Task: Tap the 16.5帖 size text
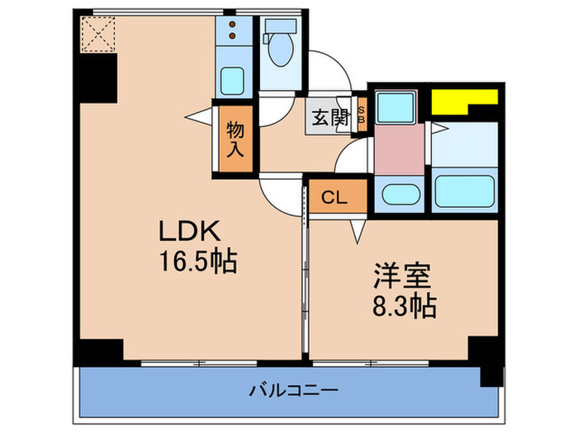click(197, 263)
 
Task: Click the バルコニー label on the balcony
click(285, 389)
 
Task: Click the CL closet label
click(334, 197)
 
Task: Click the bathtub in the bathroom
click(463, 191)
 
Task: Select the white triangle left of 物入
click(201, 118)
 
